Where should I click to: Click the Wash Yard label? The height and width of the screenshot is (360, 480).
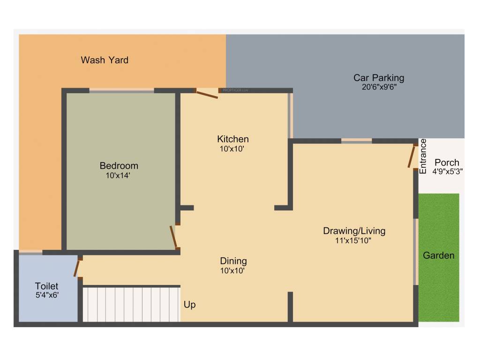coord(105,60)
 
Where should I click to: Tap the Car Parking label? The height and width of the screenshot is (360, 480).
coord(378,78)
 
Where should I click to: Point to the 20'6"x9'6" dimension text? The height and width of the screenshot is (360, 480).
coord(378,87)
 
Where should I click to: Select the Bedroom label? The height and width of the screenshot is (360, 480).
coord(119,165)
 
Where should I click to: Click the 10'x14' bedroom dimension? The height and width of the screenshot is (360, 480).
coord(119,176)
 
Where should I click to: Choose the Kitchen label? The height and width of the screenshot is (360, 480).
coord(232,139)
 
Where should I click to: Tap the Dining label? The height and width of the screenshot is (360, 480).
coord(233,261)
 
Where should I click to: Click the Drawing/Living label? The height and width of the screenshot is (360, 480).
coord(354,231)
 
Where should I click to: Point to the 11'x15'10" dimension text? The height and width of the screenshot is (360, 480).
coord(354,241)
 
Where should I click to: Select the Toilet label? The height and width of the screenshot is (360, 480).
coord(46,286)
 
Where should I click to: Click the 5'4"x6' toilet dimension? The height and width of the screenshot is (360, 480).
coord(46,296)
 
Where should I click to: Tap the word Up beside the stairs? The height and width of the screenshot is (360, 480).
coord(189,305)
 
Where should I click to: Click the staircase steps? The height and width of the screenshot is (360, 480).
coord(131,304)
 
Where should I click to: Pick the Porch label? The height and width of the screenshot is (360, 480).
coord(447,163)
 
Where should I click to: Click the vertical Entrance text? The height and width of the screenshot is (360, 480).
coord(423,157)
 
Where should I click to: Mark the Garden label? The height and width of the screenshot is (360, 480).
coord(439,255)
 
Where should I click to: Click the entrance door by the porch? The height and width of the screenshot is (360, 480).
coord(412,157)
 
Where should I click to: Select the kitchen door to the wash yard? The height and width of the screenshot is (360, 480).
coord(206,94)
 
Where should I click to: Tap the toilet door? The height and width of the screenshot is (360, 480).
coord(77,268)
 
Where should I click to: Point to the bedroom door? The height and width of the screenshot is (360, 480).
coord(174,237)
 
